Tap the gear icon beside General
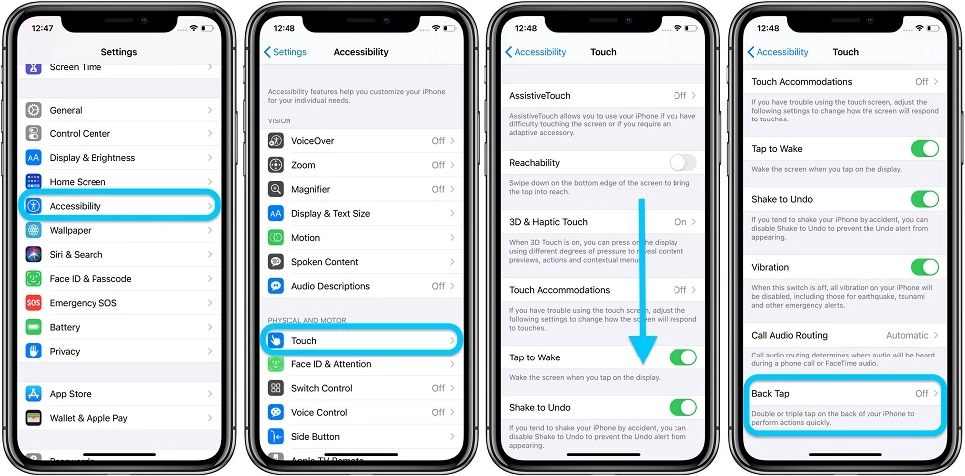click(x=34, y=110)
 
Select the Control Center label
click(x=80, y=134)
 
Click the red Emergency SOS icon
click(x=34, y=303)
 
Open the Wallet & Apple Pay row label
click(x=89, y=418)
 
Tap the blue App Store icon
click(x=34, y=394)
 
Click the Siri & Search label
click(x=77, y=255)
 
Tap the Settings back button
click(x=286, y=52)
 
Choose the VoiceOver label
click(x=312, y=141)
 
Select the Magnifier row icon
click(x=276, y=189)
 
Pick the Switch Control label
click(x=321, y=388)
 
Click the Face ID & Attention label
click(x=331, y=364)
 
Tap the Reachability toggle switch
click(x=682, y=163)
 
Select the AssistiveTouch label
click(x=540, y=96)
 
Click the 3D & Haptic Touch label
click(x=548, y=222)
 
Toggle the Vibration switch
click(x=924, y=267)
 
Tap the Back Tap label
click(x=770, y=394)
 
